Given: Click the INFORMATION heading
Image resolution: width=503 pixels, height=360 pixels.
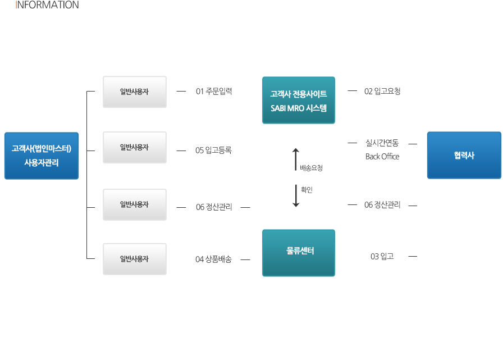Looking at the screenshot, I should (x=48, y=5).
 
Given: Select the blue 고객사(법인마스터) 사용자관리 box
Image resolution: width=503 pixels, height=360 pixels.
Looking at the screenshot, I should (x=42, y=156).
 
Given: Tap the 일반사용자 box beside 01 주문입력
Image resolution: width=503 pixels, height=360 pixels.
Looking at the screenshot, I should (x=135, y=92).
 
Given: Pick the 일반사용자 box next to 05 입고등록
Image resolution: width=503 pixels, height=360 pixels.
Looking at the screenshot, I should (x=135, y=147).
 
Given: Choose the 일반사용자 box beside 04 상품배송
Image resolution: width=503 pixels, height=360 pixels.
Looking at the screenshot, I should (x=135, y=259).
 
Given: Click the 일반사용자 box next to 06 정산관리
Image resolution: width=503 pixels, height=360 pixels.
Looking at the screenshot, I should (x=135, y=204).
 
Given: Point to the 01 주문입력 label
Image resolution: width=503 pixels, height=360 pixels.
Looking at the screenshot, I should (x=214, y=91).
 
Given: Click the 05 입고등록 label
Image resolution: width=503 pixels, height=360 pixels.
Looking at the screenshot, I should (x=214, y=150).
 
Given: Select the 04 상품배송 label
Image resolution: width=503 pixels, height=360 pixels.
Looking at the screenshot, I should (x=214, y=259).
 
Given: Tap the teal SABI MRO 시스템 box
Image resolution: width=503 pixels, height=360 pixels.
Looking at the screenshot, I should (x=299, y=100).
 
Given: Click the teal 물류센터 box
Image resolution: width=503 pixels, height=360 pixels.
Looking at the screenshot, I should (x=299, y=252).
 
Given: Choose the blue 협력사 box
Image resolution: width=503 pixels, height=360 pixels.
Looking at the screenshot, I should (x=464, y=155).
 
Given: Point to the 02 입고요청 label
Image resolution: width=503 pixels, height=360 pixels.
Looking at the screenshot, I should (x=382, y=91).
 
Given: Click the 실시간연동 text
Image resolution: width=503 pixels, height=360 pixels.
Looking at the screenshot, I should (x=382, y=143).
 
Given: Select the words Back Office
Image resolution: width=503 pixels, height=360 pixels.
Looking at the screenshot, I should (x=382, y=157).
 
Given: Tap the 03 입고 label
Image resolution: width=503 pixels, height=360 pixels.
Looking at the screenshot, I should (x=382, y=257).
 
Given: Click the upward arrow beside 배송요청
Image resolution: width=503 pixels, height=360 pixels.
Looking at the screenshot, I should (x=296, y=159).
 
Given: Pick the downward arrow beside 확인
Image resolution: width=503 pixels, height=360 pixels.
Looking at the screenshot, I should (x=296, y=195).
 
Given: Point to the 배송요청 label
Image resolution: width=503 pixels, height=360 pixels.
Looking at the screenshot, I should (x=312, y=168).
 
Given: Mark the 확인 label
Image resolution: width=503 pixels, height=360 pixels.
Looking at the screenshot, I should (x=307, y=190).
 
